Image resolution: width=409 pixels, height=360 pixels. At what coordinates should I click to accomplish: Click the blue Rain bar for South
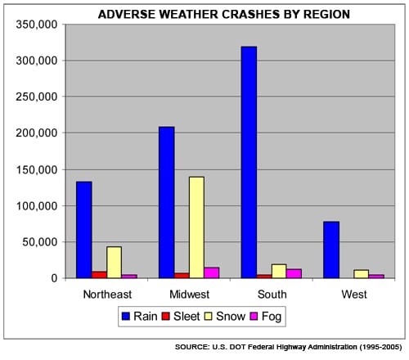(x=249, y=162)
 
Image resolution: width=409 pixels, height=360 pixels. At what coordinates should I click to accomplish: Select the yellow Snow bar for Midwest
(x=196, y=227)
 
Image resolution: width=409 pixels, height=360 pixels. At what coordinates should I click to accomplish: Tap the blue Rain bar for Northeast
(x=84, y=230)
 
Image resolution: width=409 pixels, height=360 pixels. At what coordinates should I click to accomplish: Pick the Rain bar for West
(x=331, y=250)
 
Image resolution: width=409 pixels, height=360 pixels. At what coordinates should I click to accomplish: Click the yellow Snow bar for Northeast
(x=114, y=263)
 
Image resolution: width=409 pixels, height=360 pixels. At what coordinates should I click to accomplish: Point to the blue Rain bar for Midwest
(x=166, y=202)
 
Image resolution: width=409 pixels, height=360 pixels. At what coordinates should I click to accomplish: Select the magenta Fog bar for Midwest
(x=212, y=272)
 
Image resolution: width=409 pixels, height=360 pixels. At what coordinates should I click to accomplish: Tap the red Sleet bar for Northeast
(x=99, y=275)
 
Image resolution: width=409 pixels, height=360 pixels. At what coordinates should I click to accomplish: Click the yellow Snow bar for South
(x=279, y=271)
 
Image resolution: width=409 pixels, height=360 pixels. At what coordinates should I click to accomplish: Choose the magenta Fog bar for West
(x=376, y=277)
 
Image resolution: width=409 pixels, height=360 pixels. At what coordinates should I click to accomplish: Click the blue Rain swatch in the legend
(x=126, y=317)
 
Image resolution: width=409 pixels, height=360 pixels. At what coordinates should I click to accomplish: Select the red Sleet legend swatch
(x=166, y=317)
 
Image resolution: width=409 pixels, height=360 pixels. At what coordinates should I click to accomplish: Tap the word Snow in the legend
(x=231, y=317)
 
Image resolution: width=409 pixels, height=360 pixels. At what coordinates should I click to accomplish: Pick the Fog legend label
(x=272, y=317)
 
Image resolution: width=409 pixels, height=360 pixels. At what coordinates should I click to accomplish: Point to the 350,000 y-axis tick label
(x=37, y=25)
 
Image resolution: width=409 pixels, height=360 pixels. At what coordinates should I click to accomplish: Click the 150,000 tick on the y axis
(x=37, y=169)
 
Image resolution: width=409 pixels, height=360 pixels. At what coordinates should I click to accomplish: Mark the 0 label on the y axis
(x=55, y=278)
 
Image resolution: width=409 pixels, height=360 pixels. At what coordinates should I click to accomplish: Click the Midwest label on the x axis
(x=190, y=295)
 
